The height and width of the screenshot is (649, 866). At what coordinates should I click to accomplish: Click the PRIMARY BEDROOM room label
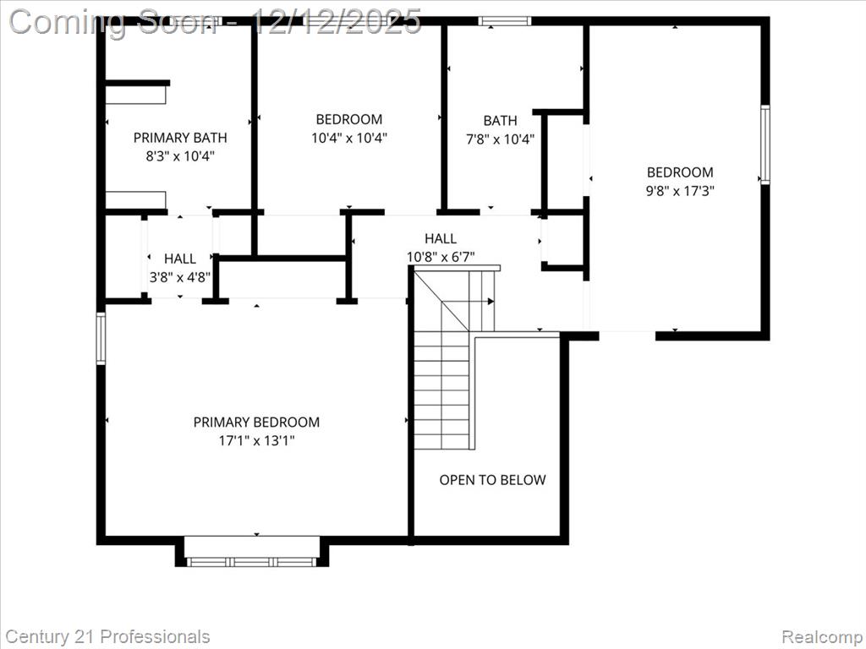pyautogui.click(x=256, y=423)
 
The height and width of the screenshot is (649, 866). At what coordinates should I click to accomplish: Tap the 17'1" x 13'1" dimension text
pyautogui.click(x=256, y=440)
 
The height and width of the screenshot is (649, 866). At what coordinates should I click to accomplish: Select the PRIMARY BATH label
pyautogui.click(x=180, y=138)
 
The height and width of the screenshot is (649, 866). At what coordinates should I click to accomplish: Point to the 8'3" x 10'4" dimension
pyautogui.click(x=180, y=156)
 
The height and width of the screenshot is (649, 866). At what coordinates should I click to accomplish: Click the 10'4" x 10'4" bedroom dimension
pyautogui.click(x=349, y=138)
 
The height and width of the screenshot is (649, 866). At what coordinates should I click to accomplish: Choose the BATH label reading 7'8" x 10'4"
pyautogui.click(x=501, y=120)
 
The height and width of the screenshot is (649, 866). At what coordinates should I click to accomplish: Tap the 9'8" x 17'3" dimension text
pyautogui.click(x=680, y=191)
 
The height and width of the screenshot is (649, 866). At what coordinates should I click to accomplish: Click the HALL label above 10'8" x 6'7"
pyautogui.click(x=440, y=238)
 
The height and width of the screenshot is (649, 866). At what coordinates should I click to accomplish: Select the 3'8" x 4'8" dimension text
pyautogui.click(x=180, y=276)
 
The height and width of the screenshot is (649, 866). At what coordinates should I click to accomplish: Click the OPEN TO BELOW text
pyautogui.click(x=492, y=480)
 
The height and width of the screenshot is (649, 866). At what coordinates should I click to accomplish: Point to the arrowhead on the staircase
pyautogui.click(x=491, y=302)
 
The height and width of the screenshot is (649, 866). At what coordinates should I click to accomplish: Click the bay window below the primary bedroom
pyautogui.click(x=251, y=562)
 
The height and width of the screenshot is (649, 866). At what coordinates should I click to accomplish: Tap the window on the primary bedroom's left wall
pyautogui.click(x=101, y=338)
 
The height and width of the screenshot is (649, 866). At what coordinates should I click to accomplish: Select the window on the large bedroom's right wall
pyautogui.click(x=765, y=145)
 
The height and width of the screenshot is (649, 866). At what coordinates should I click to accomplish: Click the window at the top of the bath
pyautogui.click(x=504, y=21)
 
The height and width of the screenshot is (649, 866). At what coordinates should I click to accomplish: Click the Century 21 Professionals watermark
pyautogui.click(x=108, y=636)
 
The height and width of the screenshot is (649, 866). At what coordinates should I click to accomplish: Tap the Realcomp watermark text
pyautogui.click(x=820, y=637)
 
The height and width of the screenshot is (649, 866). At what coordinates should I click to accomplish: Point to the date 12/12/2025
pyautogui.click(x=335, y=22)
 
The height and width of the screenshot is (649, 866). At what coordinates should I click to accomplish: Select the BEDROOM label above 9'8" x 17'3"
pyautogui.click(x=680, y=172)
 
